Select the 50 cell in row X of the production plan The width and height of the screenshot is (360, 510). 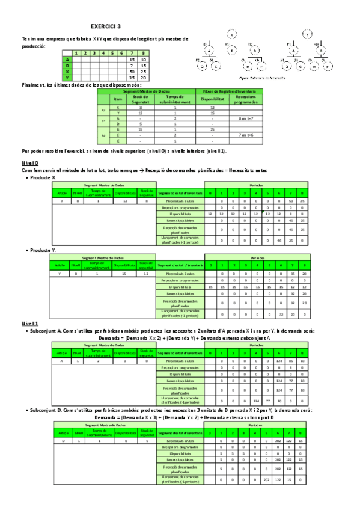[132, 71]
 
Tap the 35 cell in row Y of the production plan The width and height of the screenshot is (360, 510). [132, 77]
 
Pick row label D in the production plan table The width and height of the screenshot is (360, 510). [67, 65]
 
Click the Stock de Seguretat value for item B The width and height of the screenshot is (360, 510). [140, 129]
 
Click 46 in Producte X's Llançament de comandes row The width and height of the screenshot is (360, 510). [279, 241]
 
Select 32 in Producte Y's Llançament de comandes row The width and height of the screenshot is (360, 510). [279, 314]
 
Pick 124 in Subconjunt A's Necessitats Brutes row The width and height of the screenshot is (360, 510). [279, 361]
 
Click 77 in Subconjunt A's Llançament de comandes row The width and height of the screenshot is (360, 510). [267, 399]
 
